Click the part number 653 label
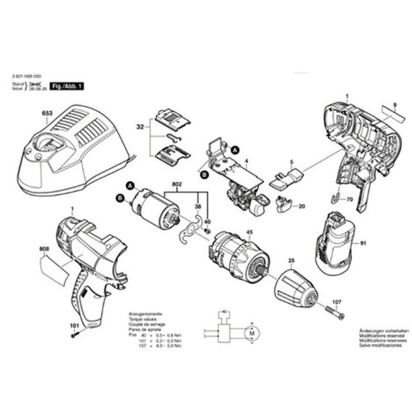48,115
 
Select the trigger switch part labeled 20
283,204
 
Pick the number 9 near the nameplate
394,105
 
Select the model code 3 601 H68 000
29,75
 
